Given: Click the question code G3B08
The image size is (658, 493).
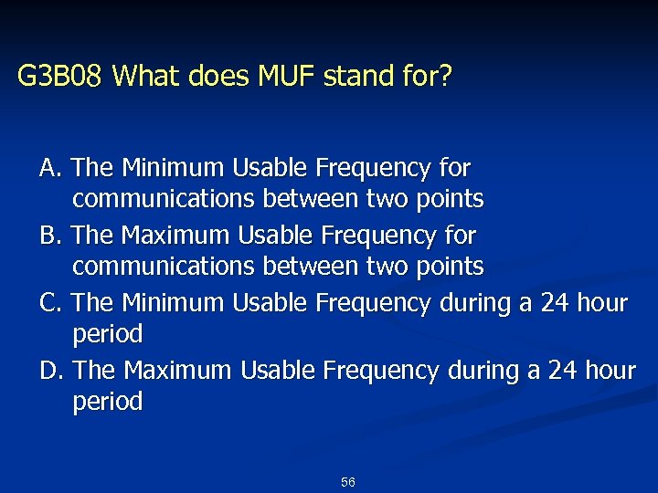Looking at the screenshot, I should pyautogui.click(x=61, y=77).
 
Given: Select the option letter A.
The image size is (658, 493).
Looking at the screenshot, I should pyautogui.click(x=49, y=169).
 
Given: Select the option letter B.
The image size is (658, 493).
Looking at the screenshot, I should pyautogui.click(x=49, y=236).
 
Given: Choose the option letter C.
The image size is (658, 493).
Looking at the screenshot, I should pyautogui.click(x=49, y=303).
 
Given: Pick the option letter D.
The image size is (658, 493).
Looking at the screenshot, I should pyautogui.click(x=50, y=371).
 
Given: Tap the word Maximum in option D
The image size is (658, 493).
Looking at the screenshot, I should pyautogui.click(x=177, y=371).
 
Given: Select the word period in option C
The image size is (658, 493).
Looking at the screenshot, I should pyautogui.click(x=108, y=335).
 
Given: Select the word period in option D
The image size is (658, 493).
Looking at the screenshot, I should pyautogui.click(x=108, y=403).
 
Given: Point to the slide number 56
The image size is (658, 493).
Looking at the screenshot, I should pyautogui.click(x=347, y=481).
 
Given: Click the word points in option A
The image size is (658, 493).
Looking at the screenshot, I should pyautogui.click(x=447, y=199).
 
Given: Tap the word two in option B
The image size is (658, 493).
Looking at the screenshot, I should pyautogui.click(x=384, y=267).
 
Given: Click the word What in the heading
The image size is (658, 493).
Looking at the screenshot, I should pyautogui.click(x=147, y=77).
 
